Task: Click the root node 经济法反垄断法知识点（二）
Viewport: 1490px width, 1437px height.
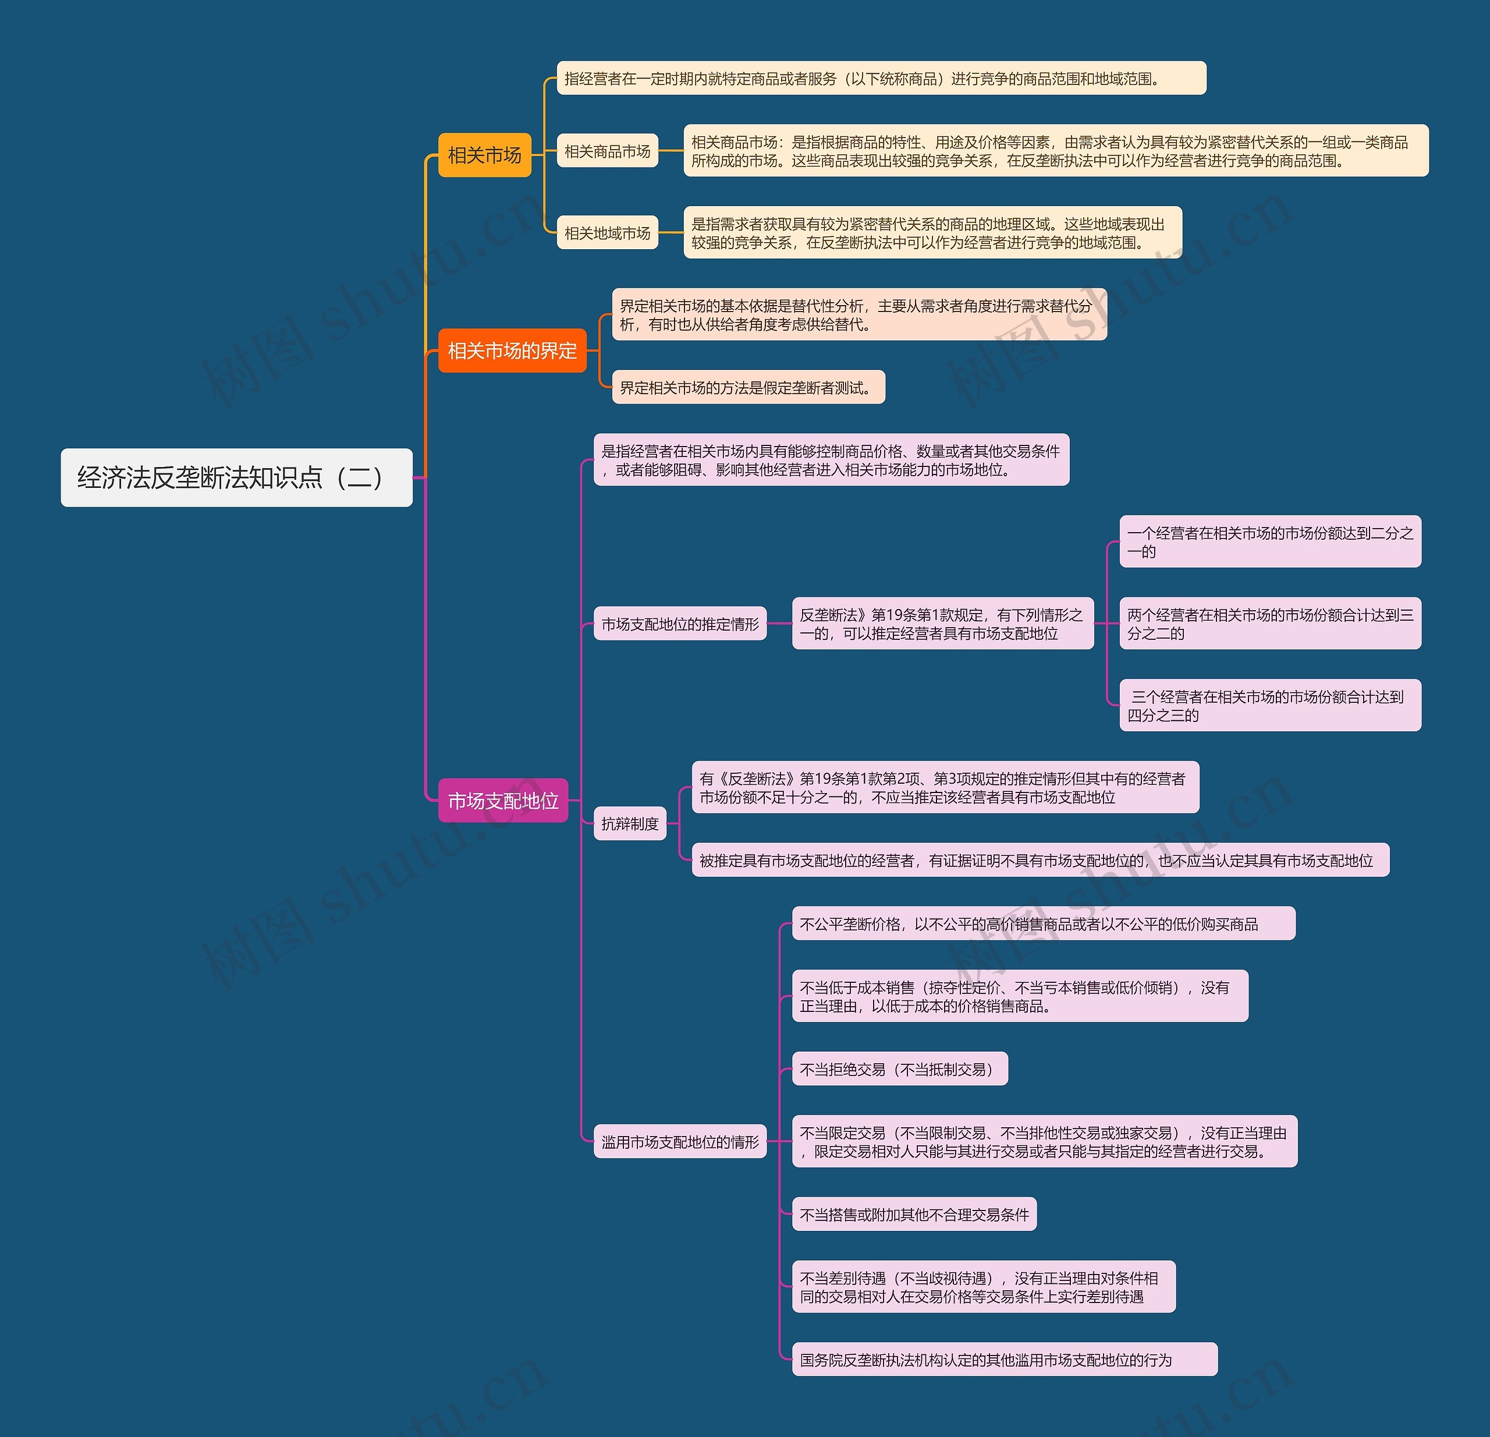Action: coord(236,477)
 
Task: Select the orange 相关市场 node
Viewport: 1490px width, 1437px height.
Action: coord(484,155)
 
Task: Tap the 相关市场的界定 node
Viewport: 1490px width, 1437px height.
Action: coord(512,351)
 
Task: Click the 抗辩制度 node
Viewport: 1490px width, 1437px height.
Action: coord(629,823)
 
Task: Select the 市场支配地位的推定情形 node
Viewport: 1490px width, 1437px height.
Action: coord(680,624)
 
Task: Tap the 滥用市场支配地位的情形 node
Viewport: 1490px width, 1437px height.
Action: coord(680,1141)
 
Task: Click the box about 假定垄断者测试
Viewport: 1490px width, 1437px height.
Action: coord(748,388)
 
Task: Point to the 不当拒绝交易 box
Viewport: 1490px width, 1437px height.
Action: coord(899,1069)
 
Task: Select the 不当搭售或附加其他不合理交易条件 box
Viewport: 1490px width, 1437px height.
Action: coord(914,1214)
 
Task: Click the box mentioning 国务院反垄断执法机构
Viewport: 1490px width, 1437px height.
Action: coord(1003,1360)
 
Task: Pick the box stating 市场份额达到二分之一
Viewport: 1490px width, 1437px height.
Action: coord(1269,542)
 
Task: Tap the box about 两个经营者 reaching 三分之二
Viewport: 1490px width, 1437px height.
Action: coord(1269,624)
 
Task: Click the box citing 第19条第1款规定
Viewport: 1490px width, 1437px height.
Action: coord(943,624)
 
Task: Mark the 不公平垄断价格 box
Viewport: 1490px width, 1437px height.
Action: coord(1043,924)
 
